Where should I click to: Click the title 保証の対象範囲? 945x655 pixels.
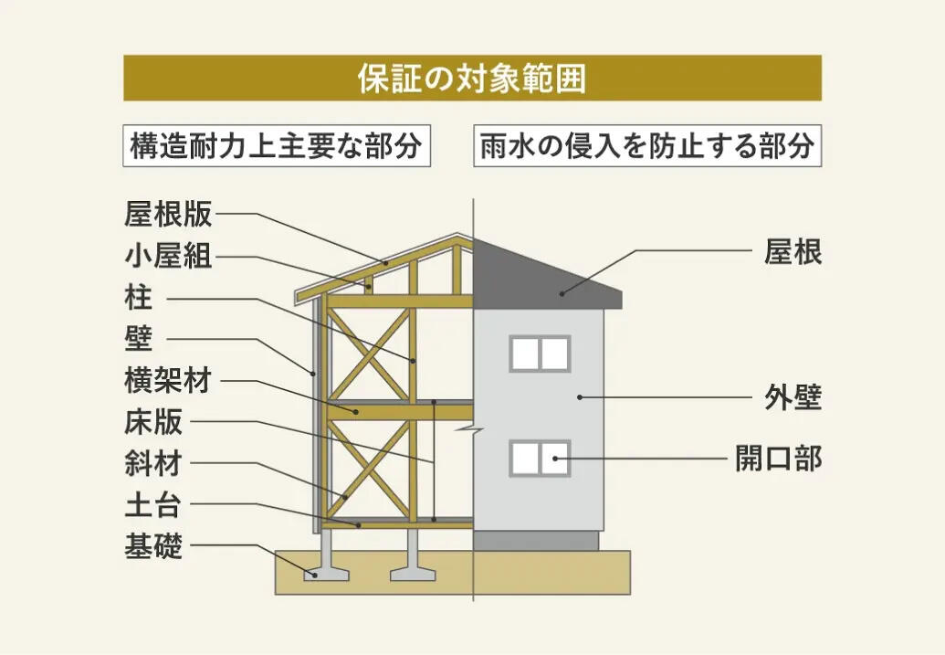click(x=472, y=79)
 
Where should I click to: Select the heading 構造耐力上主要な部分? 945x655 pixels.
click(x=276, y=146)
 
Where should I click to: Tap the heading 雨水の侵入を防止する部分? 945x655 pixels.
click(x=647, y=146)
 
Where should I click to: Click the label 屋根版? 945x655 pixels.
click(x=168, y=214)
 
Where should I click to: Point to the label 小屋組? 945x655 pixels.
click(x=168, y=256)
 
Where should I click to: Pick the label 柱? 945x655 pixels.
click(x=139, y=298)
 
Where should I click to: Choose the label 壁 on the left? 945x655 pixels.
click(x=139, y=339)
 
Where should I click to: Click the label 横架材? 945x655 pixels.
click(x=168, y=381)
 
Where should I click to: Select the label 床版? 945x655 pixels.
click(x=153, y=422)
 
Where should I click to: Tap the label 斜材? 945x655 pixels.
click(x=153, y=464)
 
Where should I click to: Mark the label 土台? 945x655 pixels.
click(x=153, y=505)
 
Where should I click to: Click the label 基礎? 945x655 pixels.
click(x=153, y=546)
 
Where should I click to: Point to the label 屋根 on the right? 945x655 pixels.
click(x=793, y=251)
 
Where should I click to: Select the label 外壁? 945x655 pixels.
click(x=793, y=397)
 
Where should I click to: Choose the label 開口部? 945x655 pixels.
click(x=778, y=459)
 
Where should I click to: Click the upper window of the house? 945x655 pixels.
click(x=540, y=354)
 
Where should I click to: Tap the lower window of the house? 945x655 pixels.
click(x=540, y=459)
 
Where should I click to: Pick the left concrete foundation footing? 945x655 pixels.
click(x=326, y=555)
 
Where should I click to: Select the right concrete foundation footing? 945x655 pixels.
click(x=413, y=555)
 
